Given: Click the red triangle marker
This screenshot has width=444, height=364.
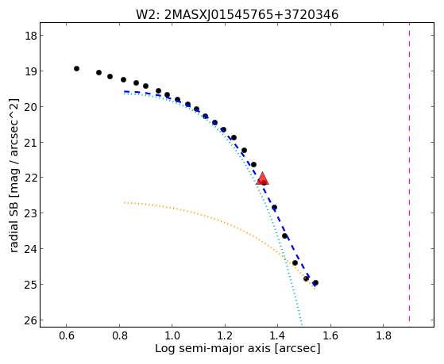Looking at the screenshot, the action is coord(262,178).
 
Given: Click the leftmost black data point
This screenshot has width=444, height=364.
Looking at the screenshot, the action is coord(76,68).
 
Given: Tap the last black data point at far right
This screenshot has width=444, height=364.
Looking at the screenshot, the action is coord(316,282).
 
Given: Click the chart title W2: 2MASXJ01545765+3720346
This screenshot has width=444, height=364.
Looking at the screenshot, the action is coord(237,14).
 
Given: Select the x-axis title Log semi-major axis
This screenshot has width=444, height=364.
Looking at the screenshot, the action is coord(213,348).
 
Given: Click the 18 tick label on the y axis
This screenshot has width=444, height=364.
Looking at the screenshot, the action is coord(30,36).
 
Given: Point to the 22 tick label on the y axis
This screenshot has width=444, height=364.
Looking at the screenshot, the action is coord(30,178).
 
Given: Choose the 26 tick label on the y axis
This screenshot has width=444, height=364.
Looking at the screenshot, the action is coord(30,320).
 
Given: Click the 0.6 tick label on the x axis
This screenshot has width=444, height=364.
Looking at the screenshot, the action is coord(66,335).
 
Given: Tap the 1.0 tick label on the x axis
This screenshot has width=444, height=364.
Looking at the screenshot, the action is coord(172,335).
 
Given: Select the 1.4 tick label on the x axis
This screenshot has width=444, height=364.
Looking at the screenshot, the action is coord(277,335).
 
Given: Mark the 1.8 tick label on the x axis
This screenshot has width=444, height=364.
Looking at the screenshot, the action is coord(383,335).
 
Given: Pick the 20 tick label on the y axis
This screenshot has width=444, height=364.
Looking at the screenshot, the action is coord(30,106).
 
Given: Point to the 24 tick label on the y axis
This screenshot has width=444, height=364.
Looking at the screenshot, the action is coord(30,249).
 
